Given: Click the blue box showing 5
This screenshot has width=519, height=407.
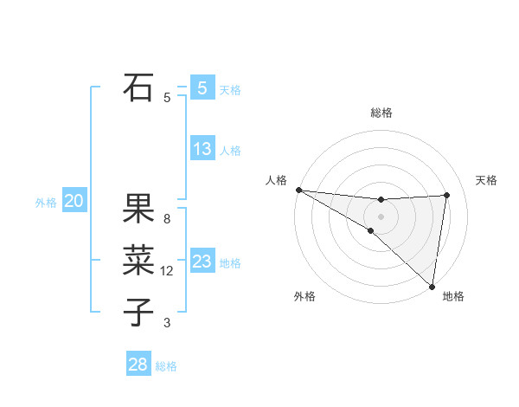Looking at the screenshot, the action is (202, 87).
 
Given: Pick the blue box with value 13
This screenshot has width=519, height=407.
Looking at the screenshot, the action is (202, 149).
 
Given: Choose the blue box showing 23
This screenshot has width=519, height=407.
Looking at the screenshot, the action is (202, 262).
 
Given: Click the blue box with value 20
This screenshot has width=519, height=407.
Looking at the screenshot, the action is (74, 202).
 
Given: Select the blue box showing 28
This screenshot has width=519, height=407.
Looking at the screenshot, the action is (138, 365).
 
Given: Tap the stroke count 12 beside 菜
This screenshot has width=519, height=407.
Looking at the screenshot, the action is (167, 271).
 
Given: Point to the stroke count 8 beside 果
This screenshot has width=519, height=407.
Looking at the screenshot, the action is (167, 219).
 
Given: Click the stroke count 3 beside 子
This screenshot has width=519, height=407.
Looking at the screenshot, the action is (167, 323).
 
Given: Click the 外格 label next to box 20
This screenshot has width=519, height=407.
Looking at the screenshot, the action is (46, 203).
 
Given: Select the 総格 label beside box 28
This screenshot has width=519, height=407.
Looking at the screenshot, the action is (166, 366).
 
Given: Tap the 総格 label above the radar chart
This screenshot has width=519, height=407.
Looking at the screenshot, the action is (381, 113).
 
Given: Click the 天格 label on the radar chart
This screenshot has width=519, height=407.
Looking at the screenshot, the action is (487, 180).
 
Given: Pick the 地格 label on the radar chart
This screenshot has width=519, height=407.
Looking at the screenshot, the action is (453, 296).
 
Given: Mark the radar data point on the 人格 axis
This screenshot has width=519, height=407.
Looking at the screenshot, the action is (298, 190).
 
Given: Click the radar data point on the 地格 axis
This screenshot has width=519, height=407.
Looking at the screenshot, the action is (432, 286).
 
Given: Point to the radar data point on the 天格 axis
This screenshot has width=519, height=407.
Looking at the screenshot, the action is (447, 195).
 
